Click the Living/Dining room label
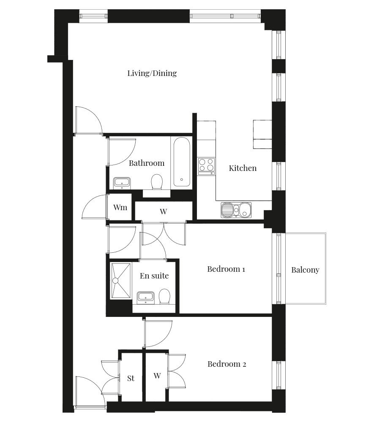click(152, 73)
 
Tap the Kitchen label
click(243, 168)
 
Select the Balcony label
click(305, 270)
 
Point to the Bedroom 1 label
click(226, 269)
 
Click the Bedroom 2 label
click(227, 364)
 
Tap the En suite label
click(154, 276)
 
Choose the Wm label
click(120, 207)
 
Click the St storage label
click(131, 379)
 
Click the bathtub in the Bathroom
click(182, 162)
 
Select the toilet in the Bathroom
click(157, 181)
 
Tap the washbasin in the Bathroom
click(122, 183)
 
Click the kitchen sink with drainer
click(236, 210)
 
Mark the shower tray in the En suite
click(121, 281)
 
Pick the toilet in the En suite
click(164, 296)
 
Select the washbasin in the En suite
click(145, 298)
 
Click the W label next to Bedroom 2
click(157, 376)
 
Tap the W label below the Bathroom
click(163, 211)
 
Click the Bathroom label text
click(147, 163)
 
